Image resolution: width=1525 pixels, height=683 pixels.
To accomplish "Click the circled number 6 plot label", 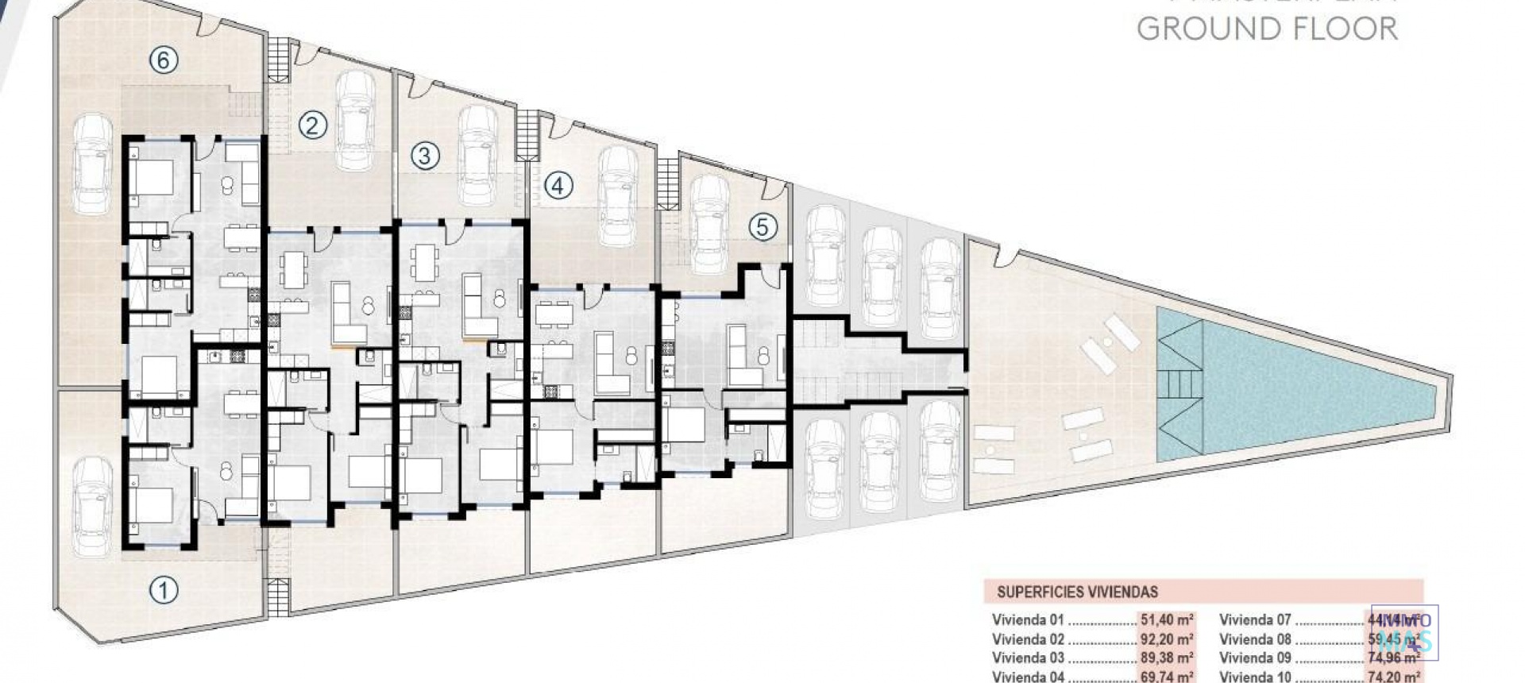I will coord(164,60).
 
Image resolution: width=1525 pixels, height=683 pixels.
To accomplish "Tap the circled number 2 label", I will coord(313,125).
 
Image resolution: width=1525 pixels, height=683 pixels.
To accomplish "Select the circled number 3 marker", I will coord(425,156).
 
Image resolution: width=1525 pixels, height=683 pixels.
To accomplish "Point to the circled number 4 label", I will coord(558,186).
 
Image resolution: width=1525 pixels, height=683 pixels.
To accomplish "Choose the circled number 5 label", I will coord(762,228).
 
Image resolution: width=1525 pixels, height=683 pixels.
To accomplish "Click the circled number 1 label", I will coord(164,590).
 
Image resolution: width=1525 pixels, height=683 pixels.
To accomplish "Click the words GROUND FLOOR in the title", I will coord(1267,29).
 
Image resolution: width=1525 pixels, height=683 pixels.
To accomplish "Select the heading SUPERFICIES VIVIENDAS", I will coord(1077,592).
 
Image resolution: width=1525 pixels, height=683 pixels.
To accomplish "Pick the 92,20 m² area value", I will coord(1168,639).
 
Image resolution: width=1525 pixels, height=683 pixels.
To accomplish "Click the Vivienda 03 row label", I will coord(1027,658).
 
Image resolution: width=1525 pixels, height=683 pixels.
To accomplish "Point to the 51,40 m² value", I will coord(1168,620).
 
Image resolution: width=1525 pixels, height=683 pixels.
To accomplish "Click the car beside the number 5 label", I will coord(709,223).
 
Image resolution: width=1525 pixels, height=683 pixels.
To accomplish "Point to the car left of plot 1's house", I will coord(92,506).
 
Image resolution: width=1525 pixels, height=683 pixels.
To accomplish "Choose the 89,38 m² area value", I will coord(1168,658).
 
